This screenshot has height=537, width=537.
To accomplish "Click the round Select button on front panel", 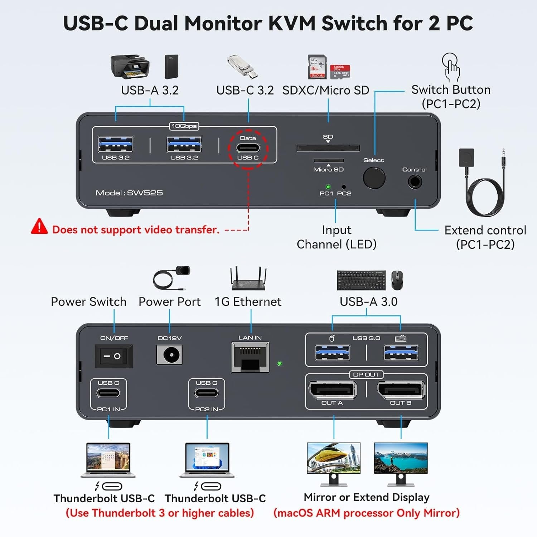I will click(374, 178).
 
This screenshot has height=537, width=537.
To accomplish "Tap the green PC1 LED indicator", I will click(328, 187).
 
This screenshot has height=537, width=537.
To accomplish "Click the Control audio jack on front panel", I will click(415, 182).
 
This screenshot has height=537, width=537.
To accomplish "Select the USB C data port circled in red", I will click(248, 148).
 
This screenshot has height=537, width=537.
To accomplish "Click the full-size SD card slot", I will click(328, 148).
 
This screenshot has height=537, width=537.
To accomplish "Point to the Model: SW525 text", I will click(129, 193).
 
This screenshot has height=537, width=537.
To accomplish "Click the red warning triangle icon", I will click(39, 227).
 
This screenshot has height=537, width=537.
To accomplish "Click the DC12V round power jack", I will click(169, 355).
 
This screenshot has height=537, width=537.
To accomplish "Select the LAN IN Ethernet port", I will click(250, 357).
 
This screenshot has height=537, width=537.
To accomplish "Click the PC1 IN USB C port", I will click(108, 393).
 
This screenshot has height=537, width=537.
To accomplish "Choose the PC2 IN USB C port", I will click(207, 393).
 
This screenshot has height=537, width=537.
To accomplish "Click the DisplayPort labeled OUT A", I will click(332, 390).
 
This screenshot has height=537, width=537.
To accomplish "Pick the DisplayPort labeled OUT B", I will click(401, 390).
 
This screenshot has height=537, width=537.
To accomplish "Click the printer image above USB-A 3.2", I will click(130, 66).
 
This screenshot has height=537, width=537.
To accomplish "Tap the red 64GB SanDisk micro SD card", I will click(340, 72).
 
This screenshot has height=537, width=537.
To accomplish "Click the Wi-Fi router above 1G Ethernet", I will click(248, 279).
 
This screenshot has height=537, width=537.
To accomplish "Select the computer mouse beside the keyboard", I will click(397, 280).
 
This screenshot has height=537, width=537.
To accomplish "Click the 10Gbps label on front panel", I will click(184, 126).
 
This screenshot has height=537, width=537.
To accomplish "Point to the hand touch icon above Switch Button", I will click(451, 67).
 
